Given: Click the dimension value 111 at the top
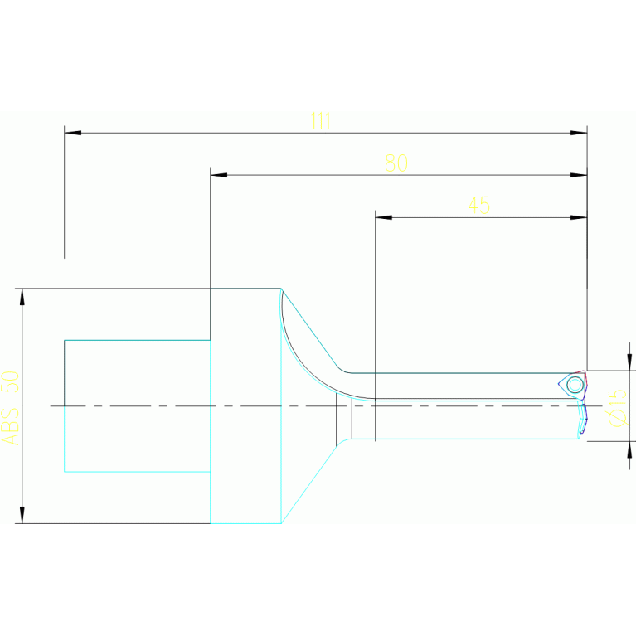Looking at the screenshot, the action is pyautogui.click(x=320, y=121).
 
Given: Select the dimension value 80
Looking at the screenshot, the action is pyautogui.click(x=396, y=163).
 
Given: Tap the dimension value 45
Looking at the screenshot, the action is pyautogui.click(x=478, y=205).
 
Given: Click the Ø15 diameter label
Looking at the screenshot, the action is pyautogui.click(x=617, y=407).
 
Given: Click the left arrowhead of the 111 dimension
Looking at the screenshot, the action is pyautogui.click(x=72, y=133).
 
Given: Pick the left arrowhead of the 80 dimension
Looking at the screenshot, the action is pyautogui.click(x=218, y=175).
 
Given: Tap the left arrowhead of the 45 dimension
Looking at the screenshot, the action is pyautogui.click(x=383, y=217).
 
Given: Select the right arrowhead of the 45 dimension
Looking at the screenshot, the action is pyautogui.click(x=579, y=217).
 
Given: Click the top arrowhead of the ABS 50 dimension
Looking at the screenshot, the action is pyautogui.click(x=22, y=296).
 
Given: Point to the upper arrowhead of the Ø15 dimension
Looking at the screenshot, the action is pyautogui.click(x=630, y=363).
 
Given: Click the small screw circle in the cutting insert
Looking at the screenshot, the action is pyautogui.click(x=574, y=384).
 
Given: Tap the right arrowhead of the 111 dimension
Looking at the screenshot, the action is pyautogui.click(x=579, y=133).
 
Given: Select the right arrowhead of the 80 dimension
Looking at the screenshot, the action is pyautogui.click(x=579, y=175).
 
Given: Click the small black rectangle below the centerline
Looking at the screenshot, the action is pyautogui.click(x=343, y=420).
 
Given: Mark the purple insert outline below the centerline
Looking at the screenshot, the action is pyautogui.click(x=585, y=419).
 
